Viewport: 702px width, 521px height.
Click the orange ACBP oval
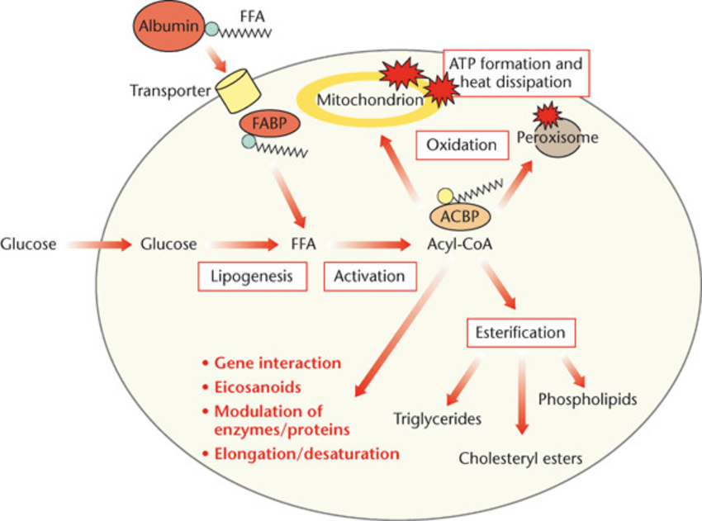pyautogui.click(x=460, y=216)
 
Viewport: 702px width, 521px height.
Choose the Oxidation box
pyautogui.click(x=462, y=145)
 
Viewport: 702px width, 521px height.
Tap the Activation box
pyautogui.click(x=369, y=277)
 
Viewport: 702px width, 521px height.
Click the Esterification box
pyautogui.click(x=520, y=333)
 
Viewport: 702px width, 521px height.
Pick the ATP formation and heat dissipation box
pyautogui.click(x=517, y=73)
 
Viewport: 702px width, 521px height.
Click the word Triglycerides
pyautogui.click(x=438, y=419)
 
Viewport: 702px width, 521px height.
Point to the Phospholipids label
pyautogui.click(x=587, y=400)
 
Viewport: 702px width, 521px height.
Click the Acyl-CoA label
pyautogui.click(x=460, y=244)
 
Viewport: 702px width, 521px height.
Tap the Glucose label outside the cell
pyautogui.click(x=29, y=244)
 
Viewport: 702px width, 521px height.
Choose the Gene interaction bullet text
pyautogui.click(x=277, y=363)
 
